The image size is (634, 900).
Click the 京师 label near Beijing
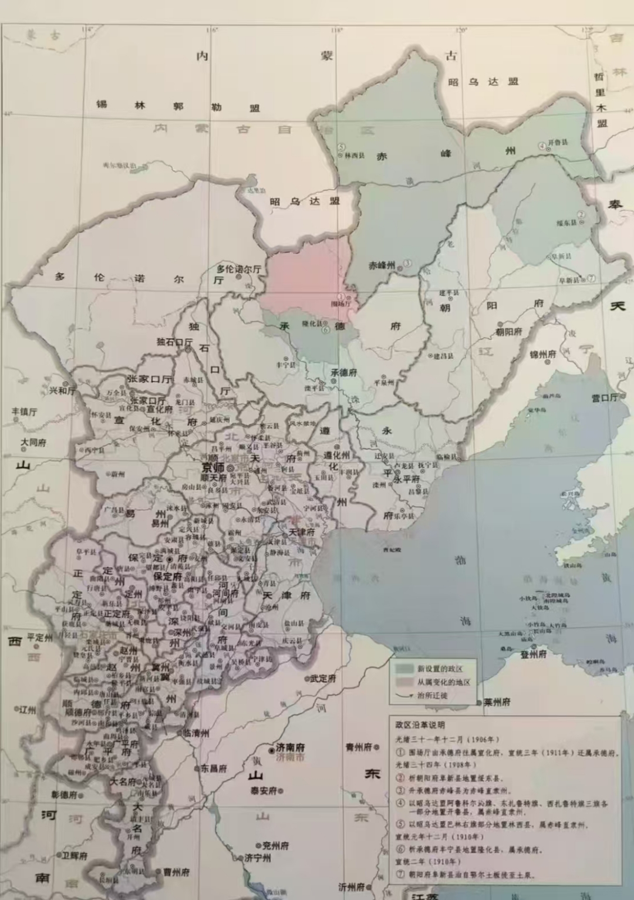(x=213, y=467)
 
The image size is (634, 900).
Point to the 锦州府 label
(x=542, y=355)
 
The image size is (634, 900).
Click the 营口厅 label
(x=605, y=398)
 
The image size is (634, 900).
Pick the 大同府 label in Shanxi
(x=33, y=442)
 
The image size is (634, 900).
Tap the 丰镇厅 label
(x=24, y=412)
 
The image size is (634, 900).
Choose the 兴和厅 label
(x=62, y=390)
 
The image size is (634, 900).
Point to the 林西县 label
(x=355, y=156)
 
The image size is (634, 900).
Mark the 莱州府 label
(x=497, y=702)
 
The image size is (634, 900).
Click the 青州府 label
(x=359, y=747)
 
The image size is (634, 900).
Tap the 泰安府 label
(x=264, y=790)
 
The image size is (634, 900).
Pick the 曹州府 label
(x=176, y=872)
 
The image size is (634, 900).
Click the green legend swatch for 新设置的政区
(x=404, y=668)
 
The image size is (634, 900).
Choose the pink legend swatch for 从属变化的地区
(x=404, y=682)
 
